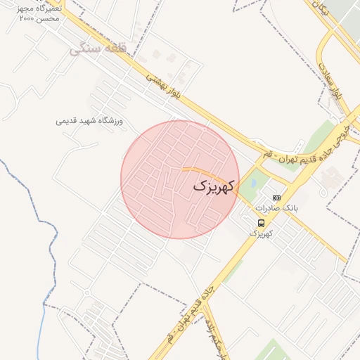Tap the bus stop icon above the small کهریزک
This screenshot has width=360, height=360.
point(262,223)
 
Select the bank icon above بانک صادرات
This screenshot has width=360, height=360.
point(276,198)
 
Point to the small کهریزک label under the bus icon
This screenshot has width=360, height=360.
point(261,233)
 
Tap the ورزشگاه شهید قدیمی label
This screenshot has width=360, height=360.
point(89,121)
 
